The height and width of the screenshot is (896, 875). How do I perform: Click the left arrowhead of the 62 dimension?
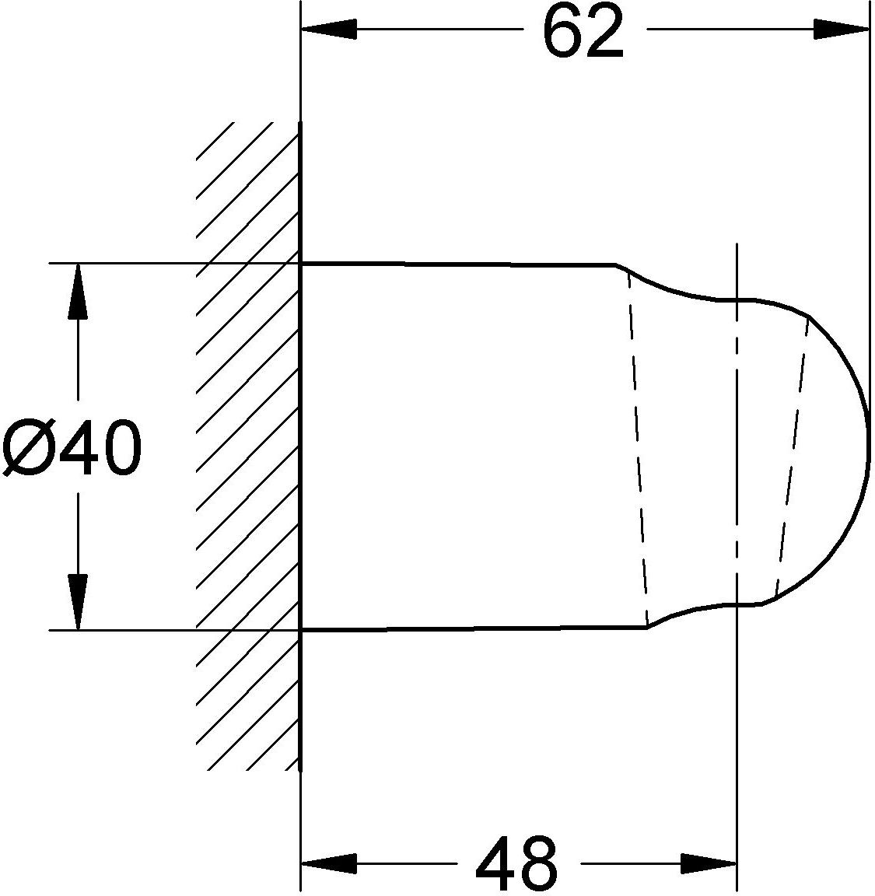329,29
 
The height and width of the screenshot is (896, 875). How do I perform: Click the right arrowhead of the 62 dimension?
842,29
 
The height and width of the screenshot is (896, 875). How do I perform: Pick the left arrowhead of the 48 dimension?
329,863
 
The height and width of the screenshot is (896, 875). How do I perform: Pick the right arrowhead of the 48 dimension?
709,863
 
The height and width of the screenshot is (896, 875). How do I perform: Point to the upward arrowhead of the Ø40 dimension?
78,291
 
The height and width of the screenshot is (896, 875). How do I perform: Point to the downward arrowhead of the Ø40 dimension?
78,602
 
